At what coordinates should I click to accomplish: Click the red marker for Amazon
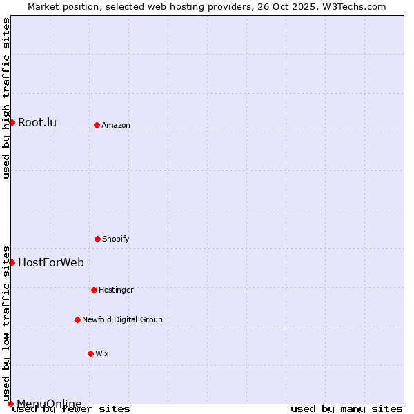pos(97,125)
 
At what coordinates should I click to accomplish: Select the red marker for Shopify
pos(97,239)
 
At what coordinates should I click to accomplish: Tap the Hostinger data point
pos(94,290)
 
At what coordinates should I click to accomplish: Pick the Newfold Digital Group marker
pos(77,319)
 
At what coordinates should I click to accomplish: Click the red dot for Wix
pos(90,353)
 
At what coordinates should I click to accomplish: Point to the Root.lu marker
pos(12,122)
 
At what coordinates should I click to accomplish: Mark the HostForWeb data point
pos(12,262)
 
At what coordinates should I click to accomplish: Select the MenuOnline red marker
pos(10,404)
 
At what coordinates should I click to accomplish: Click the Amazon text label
pos(116,125)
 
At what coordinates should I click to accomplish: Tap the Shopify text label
pos(116,239)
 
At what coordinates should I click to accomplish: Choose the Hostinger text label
pos(116,290)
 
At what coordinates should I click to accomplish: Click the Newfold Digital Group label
pos(122,319)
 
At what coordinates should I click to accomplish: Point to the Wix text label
pos(102,353)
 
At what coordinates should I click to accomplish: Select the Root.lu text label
pos(37,123)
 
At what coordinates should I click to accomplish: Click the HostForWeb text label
pos(51,262)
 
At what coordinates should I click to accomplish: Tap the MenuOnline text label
pos(49,404)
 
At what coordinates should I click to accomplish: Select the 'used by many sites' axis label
pos(346,408)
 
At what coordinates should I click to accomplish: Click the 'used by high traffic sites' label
pos(6,98)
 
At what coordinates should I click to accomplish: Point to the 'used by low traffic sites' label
pos(6,323)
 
